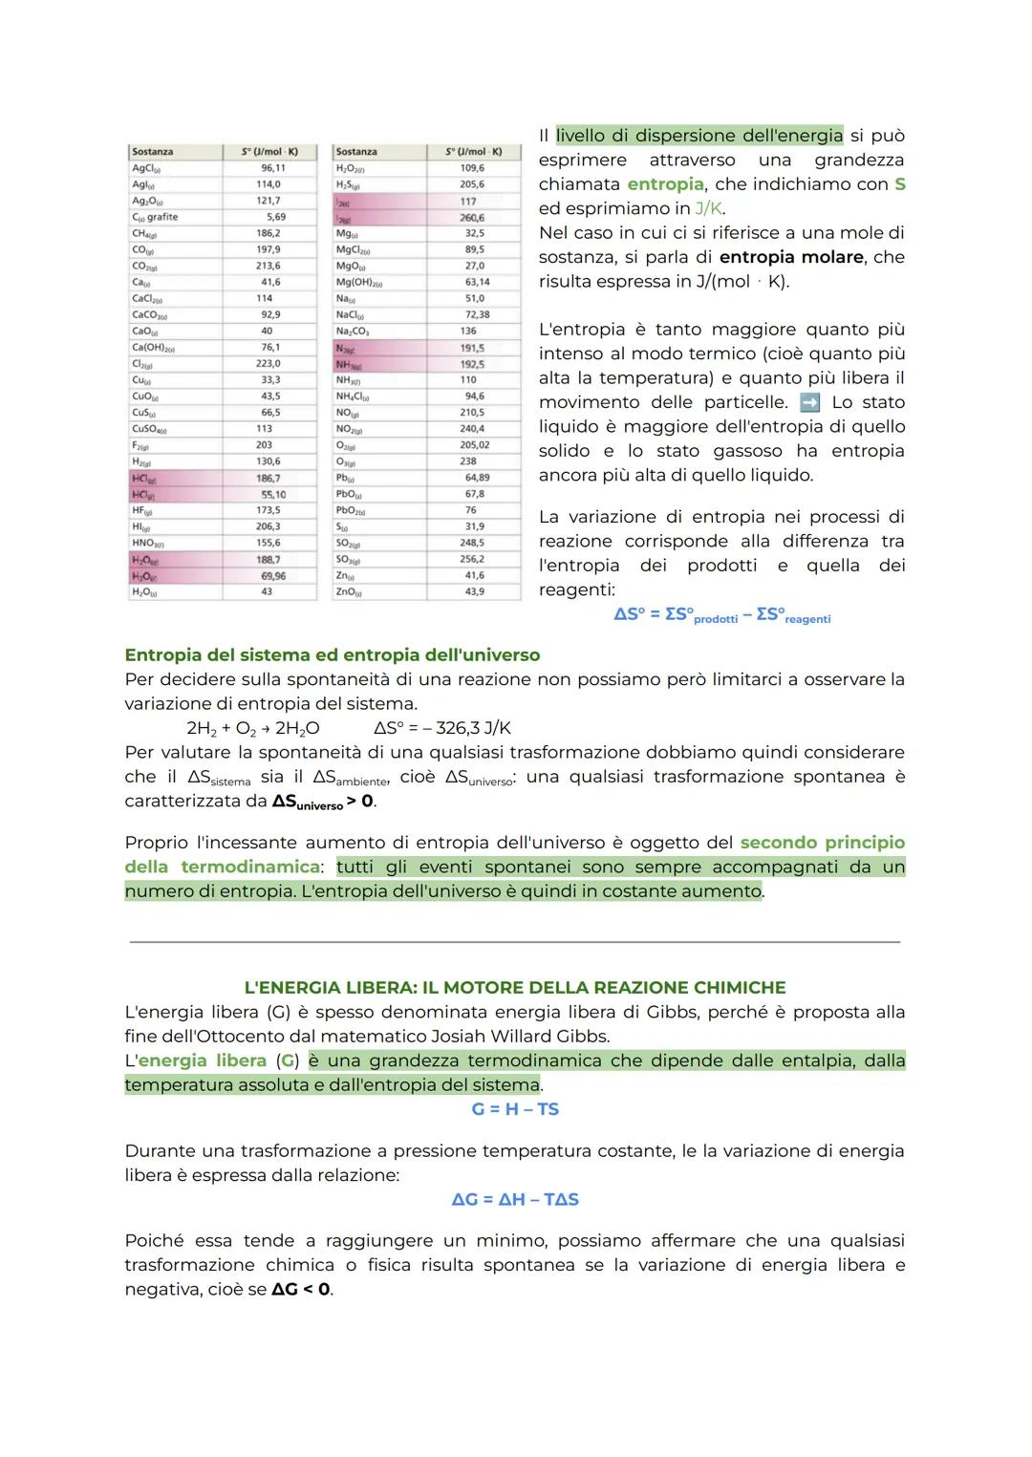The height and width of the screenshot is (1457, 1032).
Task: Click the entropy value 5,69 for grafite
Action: (275, 217)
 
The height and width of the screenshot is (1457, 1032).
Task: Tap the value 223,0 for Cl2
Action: (269, 363)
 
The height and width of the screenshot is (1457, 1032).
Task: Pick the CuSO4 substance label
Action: (149, 429)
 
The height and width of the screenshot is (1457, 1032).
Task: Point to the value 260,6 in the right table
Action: (472, 218)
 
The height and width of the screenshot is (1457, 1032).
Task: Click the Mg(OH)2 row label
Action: (359, 282)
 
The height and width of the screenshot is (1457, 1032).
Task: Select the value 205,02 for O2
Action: (474, 445)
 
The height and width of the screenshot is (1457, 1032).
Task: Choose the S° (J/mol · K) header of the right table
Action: (473, 152)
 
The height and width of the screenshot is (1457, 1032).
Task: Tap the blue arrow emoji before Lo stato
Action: (809, 402)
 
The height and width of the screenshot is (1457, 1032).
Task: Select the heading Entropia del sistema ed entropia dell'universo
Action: (332, 655)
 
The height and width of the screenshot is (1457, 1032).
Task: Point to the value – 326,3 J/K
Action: (460, 728)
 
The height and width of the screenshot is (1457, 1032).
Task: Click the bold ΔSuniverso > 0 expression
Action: (323, 802)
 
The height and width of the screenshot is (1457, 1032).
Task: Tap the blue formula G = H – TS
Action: (515, 1109)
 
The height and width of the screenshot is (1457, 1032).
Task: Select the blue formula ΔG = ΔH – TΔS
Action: (515, 1199)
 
